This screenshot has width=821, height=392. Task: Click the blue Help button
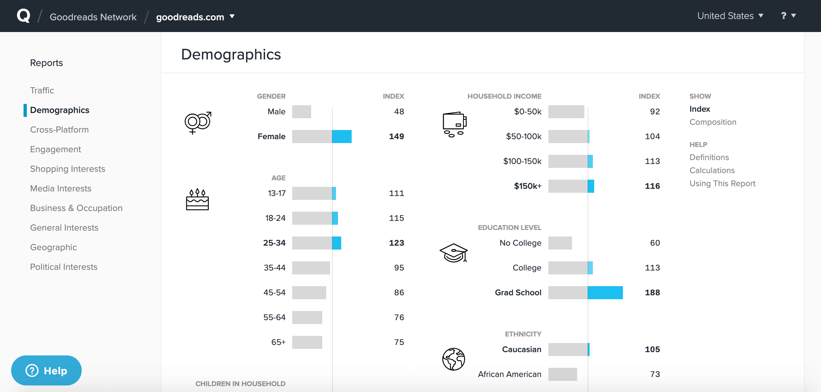click(x=46, y=370)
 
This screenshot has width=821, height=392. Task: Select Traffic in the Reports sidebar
click(x=42, y=90)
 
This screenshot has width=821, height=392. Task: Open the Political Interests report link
click(x=64, y=267)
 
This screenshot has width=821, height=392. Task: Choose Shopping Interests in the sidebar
click(x=68, y=169)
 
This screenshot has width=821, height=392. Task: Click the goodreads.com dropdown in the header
click(x=195, y=17)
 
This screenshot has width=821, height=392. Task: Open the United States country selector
click(x=730, y=16)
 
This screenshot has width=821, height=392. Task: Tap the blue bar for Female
click(x=342, y=137)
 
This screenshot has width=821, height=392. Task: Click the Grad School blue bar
click(x=605, y=293)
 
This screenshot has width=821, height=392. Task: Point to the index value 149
click(x=396, y=137)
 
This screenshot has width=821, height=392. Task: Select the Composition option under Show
click(x=713, y=122)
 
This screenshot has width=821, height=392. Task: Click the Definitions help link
click(x=709, y=157)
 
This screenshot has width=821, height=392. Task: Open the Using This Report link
click(x=722, y=184)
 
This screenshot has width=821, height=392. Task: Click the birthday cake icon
click(x=197, y=200)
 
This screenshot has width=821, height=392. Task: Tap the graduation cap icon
click(x=454, y=253)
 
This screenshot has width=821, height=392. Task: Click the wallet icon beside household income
click(x=454, y=124)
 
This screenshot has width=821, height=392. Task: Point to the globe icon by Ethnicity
click(x=454, y=359)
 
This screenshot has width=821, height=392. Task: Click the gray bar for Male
click(x=302, y=112)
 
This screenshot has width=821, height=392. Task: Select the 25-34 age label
click(x=274, y=243)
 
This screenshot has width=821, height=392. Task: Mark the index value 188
click(x=652, y=293)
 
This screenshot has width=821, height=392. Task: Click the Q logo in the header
click(x=24, y=16)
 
